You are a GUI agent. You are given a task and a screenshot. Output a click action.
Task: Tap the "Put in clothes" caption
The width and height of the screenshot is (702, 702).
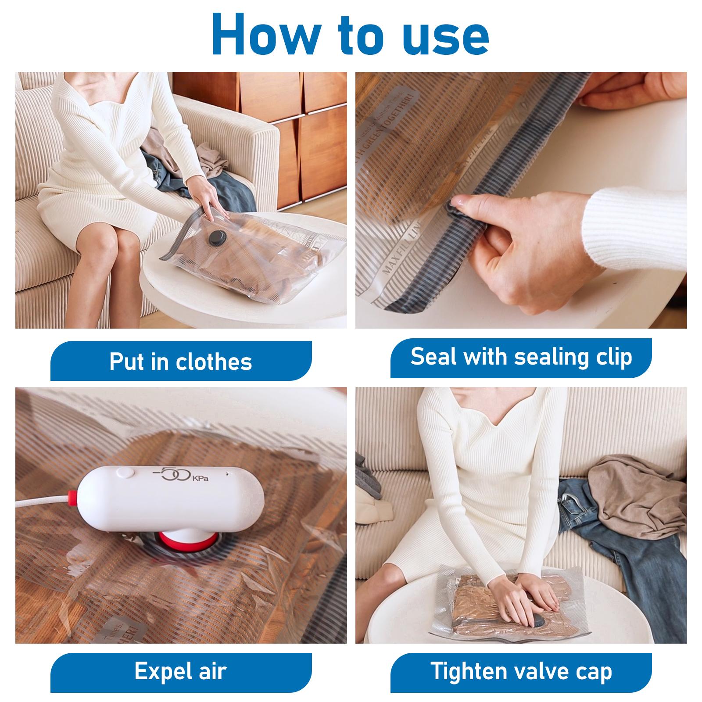[x=181, y=362]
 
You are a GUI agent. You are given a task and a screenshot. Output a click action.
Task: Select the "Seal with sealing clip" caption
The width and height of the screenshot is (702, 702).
[x=521, y=357]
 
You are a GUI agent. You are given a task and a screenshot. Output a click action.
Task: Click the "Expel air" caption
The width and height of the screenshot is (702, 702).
[x=181, y=671]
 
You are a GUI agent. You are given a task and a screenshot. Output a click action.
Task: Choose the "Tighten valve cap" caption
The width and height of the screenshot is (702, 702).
[x=521, y=671]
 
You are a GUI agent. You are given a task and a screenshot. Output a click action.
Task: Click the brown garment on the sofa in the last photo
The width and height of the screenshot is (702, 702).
[x=636, y=487]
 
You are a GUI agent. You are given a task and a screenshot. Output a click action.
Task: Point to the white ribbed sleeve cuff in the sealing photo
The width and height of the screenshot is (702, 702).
[x=636, y=228]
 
